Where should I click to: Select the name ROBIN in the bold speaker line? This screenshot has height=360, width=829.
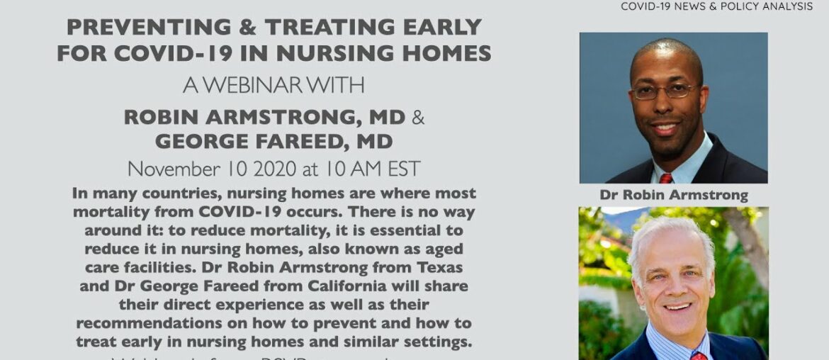pos(162,116)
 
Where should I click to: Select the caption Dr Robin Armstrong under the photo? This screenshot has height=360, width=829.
pos(673,195)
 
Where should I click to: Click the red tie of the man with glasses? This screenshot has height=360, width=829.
pos(665,178)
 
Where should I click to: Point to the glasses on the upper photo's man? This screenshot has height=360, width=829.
pos(665,91)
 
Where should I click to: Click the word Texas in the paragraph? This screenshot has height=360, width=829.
pos(447,269)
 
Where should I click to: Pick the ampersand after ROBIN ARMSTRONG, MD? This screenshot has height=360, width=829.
pos(418,116)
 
